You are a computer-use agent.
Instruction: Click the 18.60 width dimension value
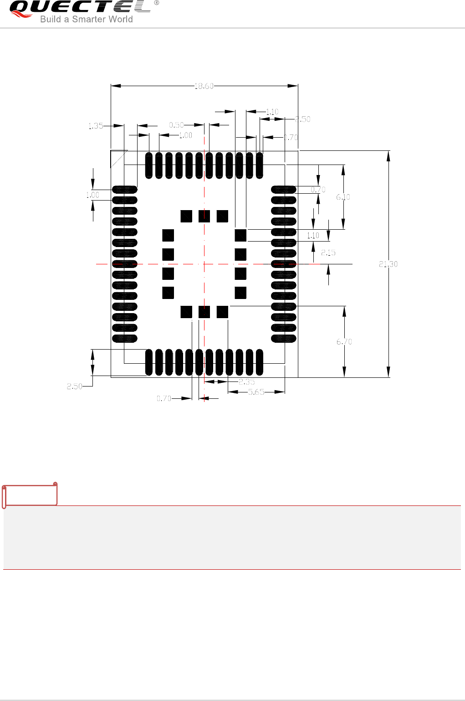(x=204, y=86)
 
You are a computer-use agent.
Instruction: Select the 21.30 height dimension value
(x=388, y=264)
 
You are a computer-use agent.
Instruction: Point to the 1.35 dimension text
(x=96, y=126)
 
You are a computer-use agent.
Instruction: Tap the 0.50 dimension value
(x=176, y=125)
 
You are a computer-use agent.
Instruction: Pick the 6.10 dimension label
(x=343, y=197)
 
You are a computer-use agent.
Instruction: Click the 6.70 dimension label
(x=344, y=341)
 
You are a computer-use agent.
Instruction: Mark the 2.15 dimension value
(x=328, y=253)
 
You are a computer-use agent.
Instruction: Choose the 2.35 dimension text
(x=247, y=382)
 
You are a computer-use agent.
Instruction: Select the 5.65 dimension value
(x=256, y=392)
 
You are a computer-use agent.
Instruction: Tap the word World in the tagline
(x=121, y=19)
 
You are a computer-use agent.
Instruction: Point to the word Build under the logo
(x=50, y=19)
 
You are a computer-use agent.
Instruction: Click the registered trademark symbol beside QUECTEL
(x=157, y=3)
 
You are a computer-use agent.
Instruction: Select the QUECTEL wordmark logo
(x=80, y=7)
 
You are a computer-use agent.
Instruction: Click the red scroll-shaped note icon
(x=30, y=495)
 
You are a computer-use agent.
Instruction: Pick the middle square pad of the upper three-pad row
(x=204, y=216)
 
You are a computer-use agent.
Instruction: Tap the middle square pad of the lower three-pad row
(x=204, y=312)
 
